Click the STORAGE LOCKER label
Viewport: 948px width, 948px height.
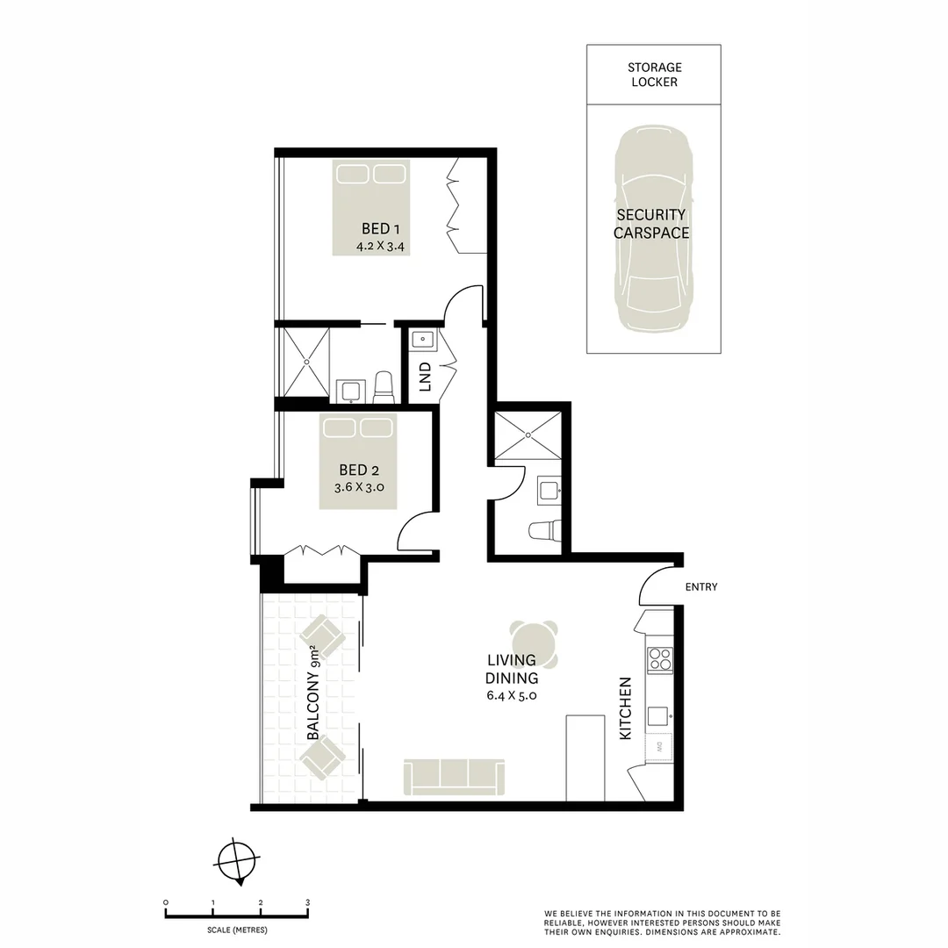pos(654,75)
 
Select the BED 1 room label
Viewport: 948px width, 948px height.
pos(380,229)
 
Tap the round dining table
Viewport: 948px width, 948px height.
pos(534,643)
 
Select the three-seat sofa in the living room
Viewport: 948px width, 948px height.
pos(454,777)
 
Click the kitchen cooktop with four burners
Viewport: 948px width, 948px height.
pos(659,659)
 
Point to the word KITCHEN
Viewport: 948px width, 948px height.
pos(626,707)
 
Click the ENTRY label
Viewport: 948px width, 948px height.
pos(700,586)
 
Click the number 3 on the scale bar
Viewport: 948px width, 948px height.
pos(307,902)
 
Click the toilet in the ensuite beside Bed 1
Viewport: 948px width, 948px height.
pos(384,386)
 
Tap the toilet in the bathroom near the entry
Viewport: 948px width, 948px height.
pos(544,531)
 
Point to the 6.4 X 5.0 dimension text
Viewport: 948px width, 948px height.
pos(512,694)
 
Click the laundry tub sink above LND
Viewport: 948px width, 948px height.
pos(421,339)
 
